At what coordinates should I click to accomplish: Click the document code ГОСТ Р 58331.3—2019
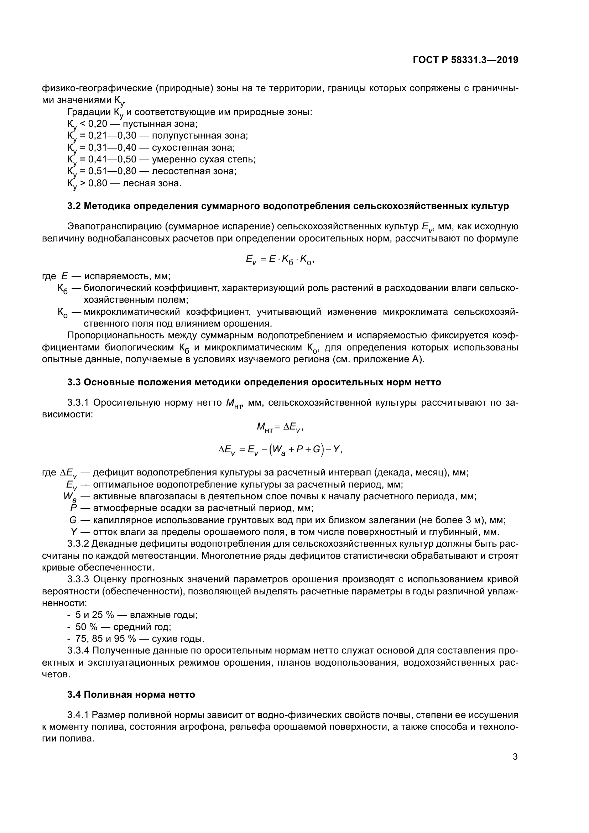coord(465,60)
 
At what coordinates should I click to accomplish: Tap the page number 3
coord(515,757)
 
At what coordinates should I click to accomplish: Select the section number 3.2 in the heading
coord(74,206)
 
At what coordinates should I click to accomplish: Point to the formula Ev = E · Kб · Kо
coord(280,260)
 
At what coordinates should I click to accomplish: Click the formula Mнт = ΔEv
coord(280,428)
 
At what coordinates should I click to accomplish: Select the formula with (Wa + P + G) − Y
coord(280,450)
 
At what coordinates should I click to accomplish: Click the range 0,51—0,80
coord(113,171)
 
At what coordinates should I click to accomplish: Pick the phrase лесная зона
coord(152,183)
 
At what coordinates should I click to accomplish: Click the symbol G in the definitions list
coord(73,520)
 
